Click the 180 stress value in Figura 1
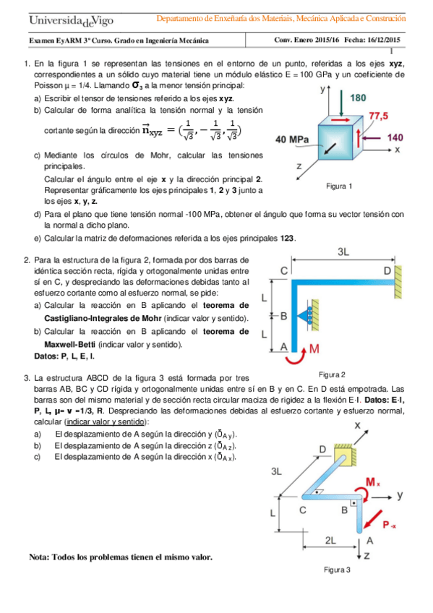tap(359, 98)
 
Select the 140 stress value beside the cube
tap(395, 137)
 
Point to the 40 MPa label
tap(292, 140)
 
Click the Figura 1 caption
tap(339, 187)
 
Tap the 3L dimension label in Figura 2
tap(344, 252)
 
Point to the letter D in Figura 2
tap(387, 270)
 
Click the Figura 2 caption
tap(332, 374)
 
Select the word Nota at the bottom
tap(41, 557)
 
